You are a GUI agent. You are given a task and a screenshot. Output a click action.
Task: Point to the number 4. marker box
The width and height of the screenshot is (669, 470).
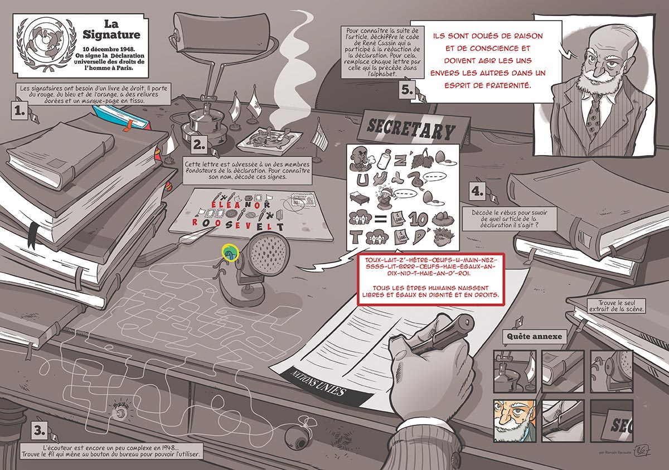pos(477,191)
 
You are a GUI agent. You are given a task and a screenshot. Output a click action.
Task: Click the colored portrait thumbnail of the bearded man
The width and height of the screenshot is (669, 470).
pos(513,421)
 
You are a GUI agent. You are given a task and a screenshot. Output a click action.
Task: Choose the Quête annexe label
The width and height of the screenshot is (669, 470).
pos(534,337)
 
